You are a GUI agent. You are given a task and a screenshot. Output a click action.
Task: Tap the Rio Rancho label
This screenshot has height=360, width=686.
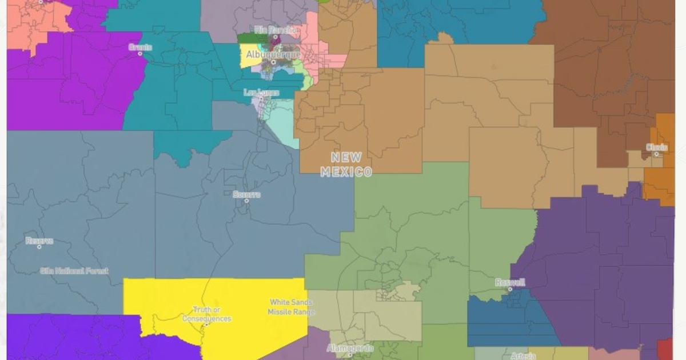(276, 30)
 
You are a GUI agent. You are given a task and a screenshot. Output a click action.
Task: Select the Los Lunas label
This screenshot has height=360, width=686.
(261, 92)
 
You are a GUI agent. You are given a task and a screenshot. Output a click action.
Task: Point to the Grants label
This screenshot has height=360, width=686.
(140, 47)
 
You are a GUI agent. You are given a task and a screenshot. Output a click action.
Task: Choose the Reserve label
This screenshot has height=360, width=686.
(39, 241)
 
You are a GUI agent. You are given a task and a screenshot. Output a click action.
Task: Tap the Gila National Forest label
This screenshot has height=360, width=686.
(74, 270)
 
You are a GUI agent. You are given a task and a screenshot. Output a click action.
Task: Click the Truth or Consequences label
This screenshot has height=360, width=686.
(206, 314)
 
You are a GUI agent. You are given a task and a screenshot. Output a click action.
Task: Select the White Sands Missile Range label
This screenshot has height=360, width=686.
(290, 307)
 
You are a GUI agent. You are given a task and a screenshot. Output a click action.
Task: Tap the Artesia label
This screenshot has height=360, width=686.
(521, 355)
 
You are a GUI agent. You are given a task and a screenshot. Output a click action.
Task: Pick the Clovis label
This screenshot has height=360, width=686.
(656, 147)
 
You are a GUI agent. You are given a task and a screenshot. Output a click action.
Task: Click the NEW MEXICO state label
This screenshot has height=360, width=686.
(346, 164)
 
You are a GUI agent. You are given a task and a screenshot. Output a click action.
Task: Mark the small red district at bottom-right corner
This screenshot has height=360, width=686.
(665, 349)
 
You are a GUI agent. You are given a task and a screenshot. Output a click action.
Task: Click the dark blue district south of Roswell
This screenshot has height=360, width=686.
(503, 320)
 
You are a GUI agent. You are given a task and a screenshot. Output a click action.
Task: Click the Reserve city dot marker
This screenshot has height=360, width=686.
(39, 247)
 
